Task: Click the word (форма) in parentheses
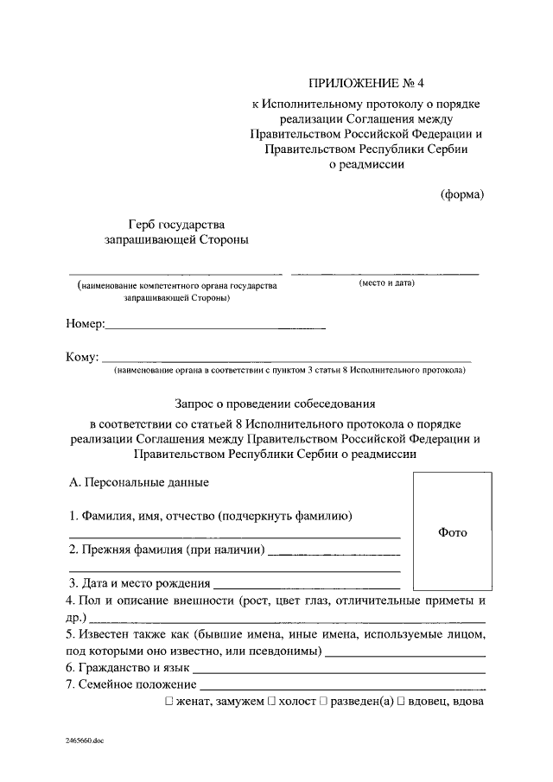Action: pos(462,194)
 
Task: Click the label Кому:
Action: pos(83,357)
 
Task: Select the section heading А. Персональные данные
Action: pos(138,481)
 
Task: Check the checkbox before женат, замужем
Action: pos(169,702)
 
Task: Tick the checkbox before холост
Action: pos(272,702)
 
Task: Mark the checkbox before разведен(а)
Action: pos(322,702)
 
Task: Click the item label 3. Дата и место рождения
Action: pos(139,582)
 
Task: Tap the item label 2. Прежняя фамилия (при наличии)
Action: pos(168,549)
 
